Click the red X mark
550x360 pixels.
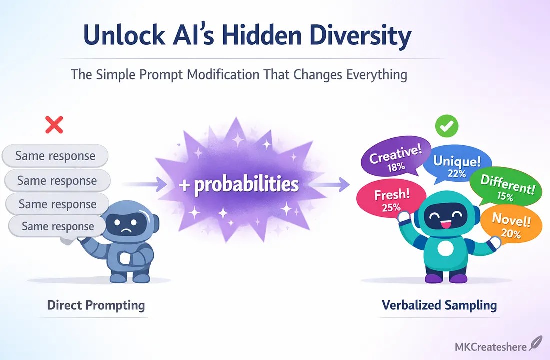[54, 125]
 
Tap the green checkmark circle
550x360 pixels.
[447, 126]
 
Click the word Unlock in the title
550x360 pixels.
[124, 35]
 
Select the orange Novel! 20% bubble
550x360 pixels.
[510, 224]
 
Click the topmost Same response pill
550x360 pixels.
[55, 156]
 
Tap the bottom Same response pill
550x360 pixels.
[58, 226]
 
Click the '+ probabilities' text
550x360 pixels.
[239, 184]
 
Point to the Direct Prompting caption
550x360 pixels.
[96, 305]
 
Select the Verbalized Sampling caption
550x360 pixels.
[439, 305]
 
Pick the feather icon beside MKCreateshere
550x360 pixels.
[535, 343]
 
